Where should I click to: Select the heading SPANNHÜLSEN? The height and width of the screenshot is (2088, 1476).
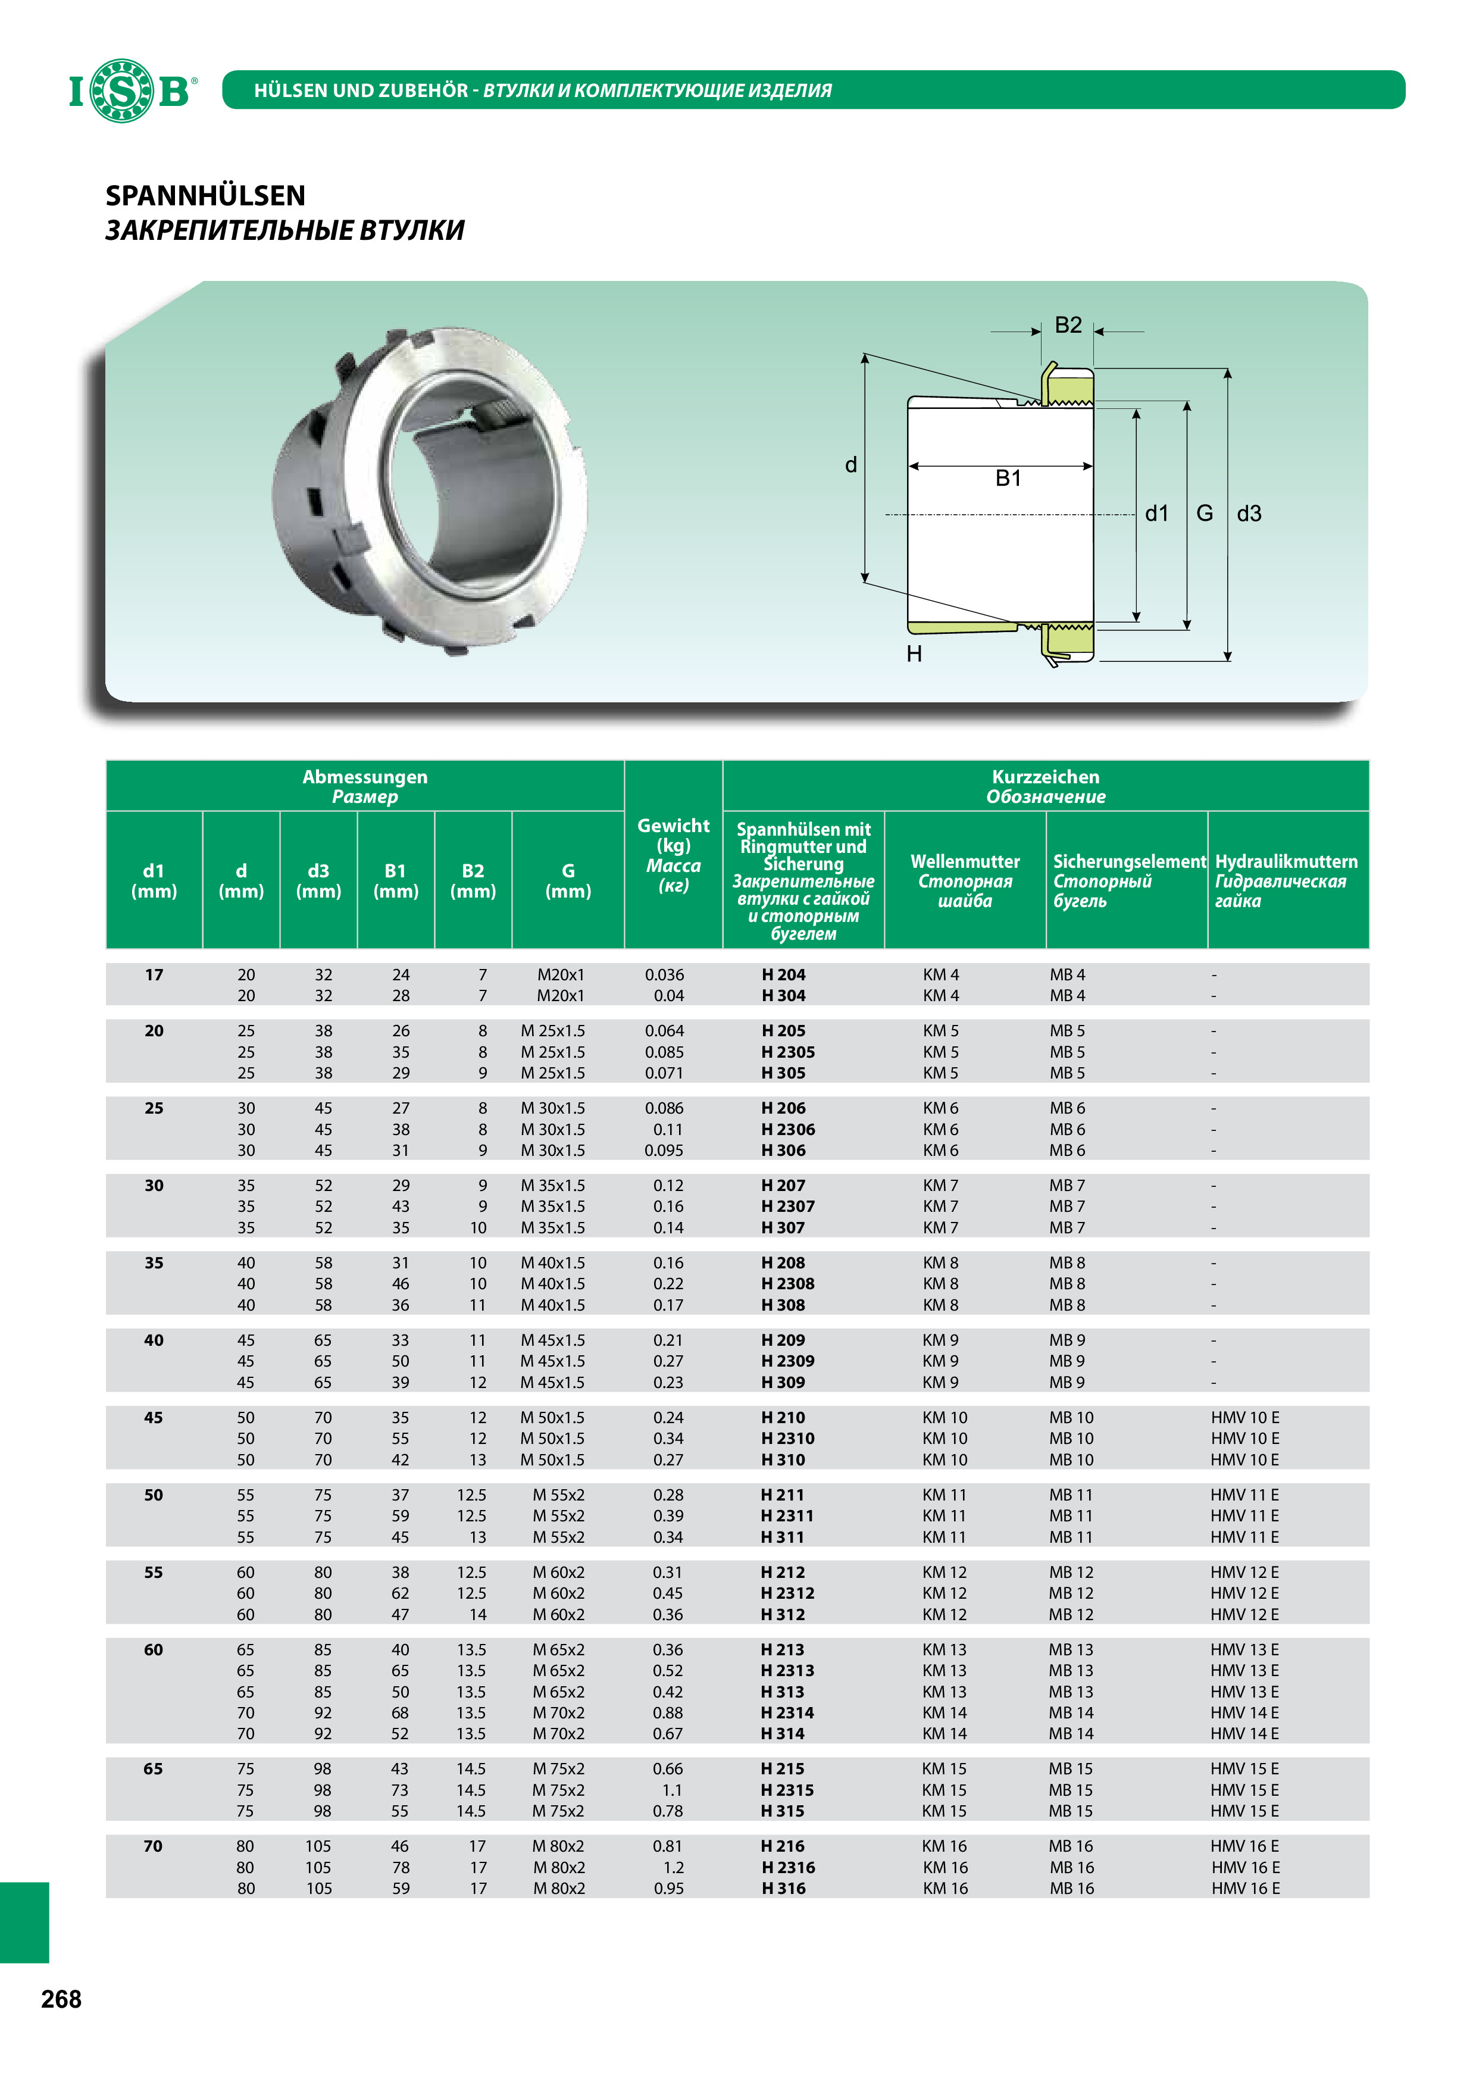coord(205,195)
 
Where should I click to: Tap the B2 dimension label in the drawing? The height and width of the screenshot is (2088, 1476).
coord(1068,326)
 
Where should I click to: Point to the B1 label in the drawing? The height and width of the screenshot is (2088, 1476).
coord(1008,479)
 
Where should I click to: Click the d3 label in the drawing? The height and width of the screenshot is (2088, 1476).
coord(1249,514)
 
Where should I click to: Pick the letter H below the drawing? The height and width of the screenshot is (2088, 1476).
coord(914,654)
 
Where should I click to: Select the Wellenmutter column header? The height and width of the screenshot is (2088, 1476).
coord(965,861)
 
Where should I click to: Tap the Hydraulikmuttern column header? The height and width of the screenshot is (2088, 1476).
coord(1286,861)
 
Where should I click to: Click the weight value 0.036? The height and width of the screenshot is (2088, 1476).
coord(665,975)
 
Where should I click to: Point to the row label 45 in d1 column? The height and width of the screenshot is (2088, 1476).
coord(154,1418)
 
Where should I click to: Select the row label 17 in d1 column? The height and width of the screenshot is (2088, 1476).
coord(154,975)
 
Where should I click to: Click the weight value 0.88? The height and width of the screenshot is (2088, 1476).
coord(668,1712)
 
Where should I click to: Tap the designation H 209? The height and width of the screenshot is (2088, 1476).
coord(783,1340)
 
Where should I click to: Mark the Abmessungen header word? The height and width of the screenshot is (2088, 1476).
coord(365,777)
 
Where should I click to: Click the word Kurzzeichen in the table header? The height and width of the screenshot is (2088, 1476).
coord(1046,777)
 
